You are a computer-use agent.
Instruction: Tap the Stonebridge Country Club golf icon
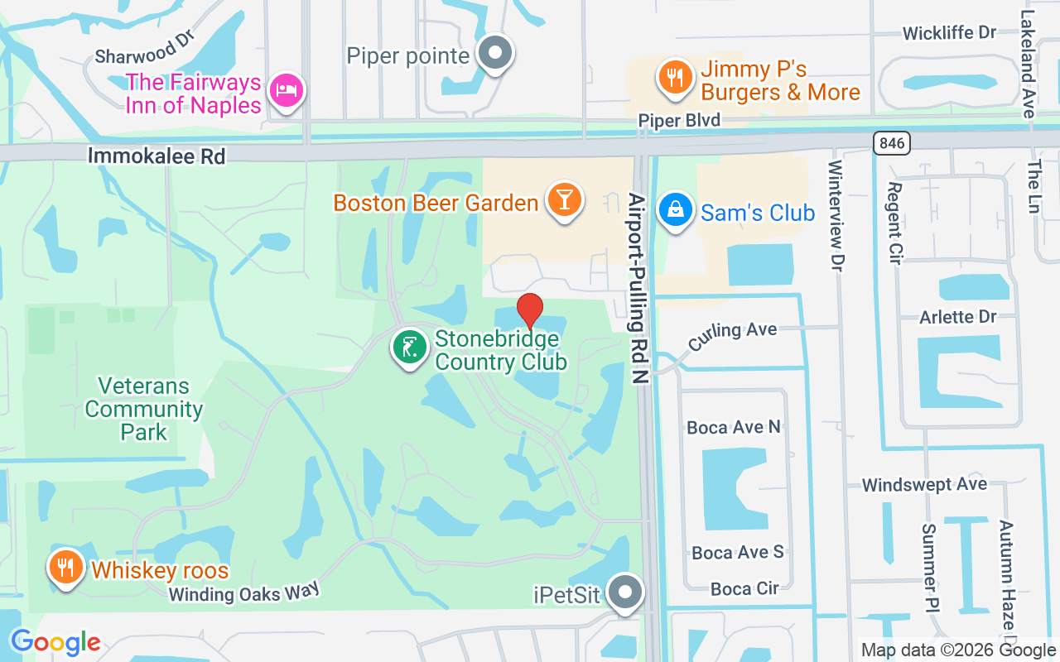tap(409, 348)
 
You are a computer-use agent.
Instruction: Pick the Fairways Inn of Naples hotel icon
tap(287, 89)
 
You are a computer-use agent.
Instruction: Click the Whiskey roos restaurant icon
tap(65, 567)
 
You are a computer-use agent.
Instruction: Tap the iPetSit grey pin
tap(625, 592)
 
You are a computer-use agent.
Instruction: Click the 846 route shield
tap(891, 143)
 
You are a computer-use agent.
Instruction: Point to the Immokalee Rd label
tap(157, 156)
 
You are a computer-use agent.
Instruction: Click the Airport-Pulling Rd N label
tap(637, 288)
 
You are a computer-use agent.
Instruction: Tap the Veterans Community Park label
tap(144, 409)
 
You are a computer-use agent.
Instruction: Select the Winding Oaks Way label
tap(243, 592)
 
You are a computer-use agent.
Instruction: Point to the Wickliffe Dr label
tap(949, 33)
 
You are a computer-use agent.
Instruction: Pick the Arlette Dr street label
tap(958, 318)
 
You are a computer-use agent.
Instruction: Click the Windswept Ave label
tap(924, 485)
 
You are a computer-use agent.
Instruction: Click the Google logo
tap(55, 642)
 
